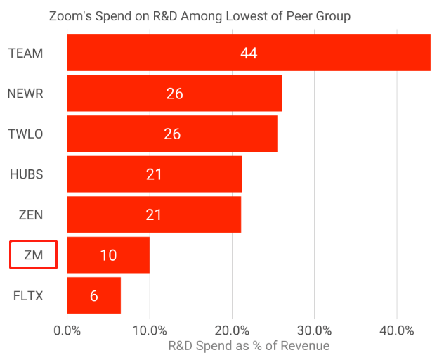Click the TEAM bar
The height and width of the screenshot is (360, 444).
pos(249,53)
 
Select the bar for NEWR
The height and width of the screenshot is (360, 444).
pos(175,94)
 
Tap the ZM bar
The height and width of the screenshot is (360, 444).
pos(108,255)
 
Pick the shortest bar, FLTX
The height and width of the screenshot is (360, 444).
pos(94,295)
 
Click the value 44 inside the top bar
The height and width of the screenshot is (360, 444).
pos(249,53)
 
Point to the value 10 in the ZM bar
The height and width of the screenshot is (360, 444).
pos(108,255)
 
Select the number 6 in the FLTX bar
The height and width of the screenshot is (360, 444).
pos(94,296)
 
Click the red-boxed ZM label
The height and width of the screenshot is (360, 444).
pos(33,255)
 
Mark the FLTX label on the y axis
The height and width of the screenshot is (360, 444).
pos(28,295)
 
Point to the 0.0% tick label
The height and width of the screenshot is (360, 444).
pos(67,330)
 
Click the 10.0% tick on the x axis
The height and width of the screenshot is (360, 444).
pos(150,330)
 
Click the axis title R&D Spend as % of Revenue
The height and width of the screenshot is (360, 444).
pos(249,346)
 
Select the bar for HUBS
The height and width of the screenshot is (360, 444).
pos(155,174)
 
